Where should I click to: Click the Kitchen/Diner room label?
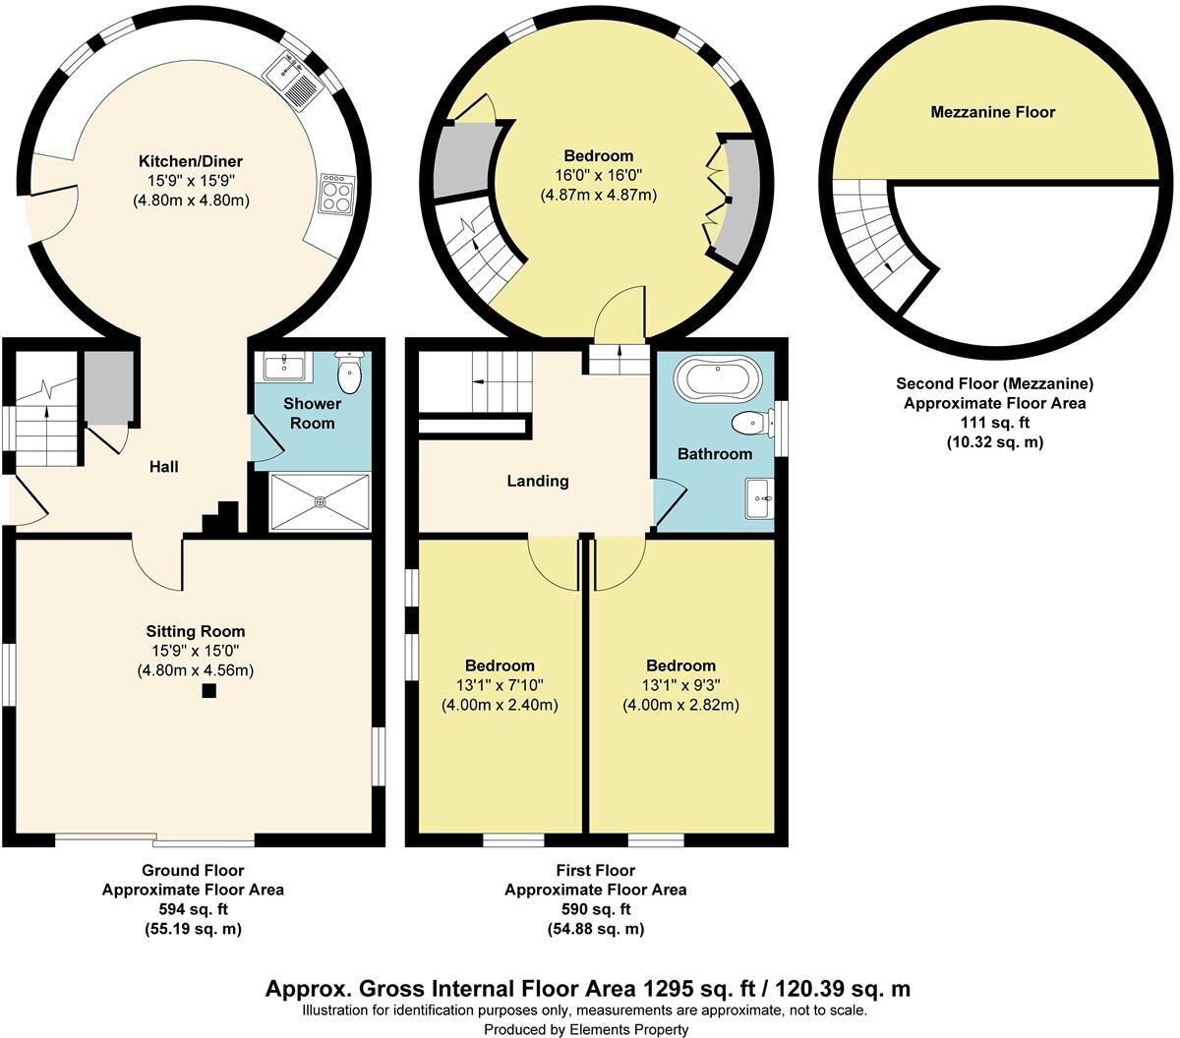pos(191,161)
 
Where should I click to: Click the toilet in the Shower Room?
pos(350,371)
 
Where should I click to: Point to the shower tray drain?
pos(320,501)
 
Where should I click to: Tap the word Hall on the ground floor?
pos(163,467)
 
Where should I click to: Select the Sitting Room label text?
pos(196,631)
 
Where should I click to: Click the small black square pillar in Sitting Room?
pos(208,691)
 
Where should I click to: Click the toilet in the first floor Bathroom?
pos(751,423)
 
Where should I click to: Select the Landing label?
pos(538,481)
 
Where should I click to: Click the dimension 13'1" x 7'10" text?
pos(500,685)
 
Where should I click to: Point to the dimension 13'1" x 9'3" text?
pos(680,685)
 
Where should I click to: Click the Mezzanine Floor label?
pos(992,112)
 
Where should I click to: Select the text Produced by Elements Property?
pos(586,1029)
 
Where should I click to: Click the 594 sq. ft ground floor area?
pos(193,909)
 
